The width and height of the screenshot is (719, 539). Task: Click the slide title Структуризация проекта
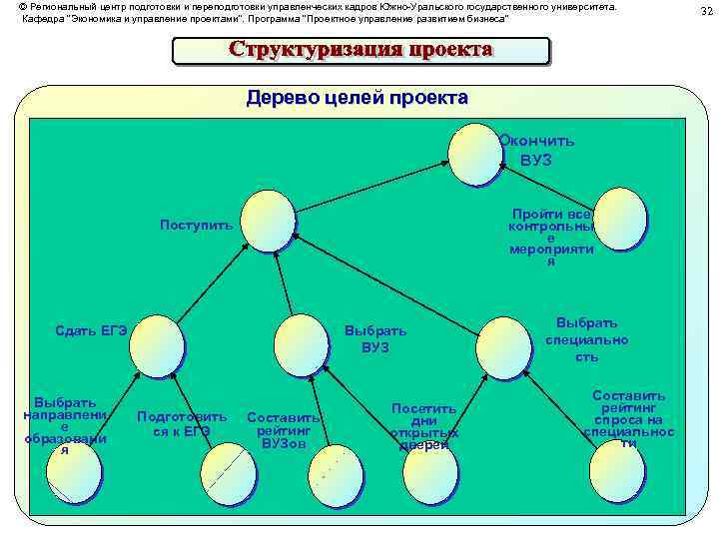tap(360, 50)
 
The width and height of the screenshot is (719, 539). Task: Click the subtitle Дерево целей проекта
tap(357, 98)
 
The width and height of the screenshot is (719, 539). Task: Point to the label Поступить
tap(197, 225)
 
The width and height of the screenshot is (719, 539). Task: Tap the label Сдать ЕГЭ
tap(91, 331)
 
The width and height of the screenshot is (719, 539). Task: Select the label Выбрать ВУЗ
tap(375, 339)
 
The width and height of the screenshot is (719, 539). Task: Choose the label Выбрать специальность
tap(587, 339)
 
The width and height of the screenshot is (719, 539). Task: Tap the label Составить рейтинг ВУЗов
tap(284, 430)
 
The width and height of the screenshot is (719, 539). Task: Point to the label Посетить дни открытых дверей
tap(424, 426)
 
